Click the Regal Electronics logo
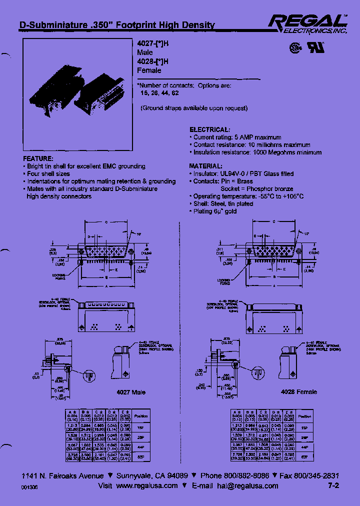307,23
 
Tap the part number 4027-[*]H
153,44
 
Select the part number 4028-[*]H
153,62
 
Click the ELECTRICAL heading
209,129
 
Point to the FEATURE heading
37,158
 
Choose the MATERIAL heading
205,166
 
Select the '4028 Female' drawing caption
299,392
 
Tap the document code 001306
29,487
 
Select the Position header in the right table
304,416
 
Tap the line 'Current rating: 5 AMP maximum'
237,137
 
